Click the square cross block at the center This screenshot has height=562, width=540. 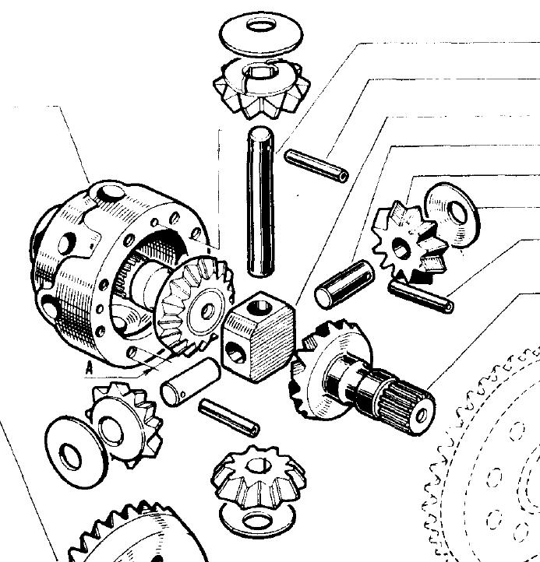[x=259, y=336]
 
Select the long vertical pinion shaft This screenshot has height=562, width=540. [x=260, y=202]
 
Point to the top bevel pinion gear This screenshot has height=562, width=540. [x=261, y=89]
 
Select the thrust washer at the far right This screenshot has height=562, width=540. [x=453, y=214]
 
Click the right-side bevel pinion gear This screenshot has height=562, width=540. [x=409, y=242]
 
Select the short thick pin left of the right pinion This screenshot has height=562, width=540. [x=344, y=284]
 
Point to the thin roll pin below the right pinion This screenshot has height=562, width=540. [x=421, y=297]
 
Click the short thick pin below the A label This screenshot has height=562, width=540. [x=191, y=382]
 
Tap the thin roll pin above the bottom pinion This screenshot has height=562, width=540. [x=229, y=418]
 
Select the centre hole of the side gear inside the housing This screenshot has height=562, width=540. [x=207, y=311]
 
